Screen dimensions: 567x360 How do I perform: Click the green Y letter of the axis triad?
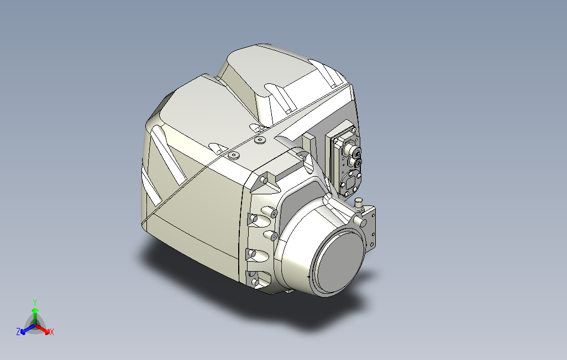coord(35,302)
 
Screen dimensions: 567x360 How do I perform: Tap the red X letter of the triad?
coord(52,332)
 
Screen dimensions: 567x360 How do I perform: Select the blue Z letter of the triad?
coord(18,331)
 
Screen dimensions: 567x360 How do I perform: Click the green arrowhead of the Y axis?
coord(35,310)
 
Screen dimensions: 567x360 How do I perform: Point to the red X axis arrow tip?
coord(47,331)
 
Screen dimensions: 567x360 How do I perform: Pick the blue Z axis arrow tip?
coord(23,331)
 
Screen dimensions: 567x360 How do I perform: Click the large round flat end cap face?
coord(339,262)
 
